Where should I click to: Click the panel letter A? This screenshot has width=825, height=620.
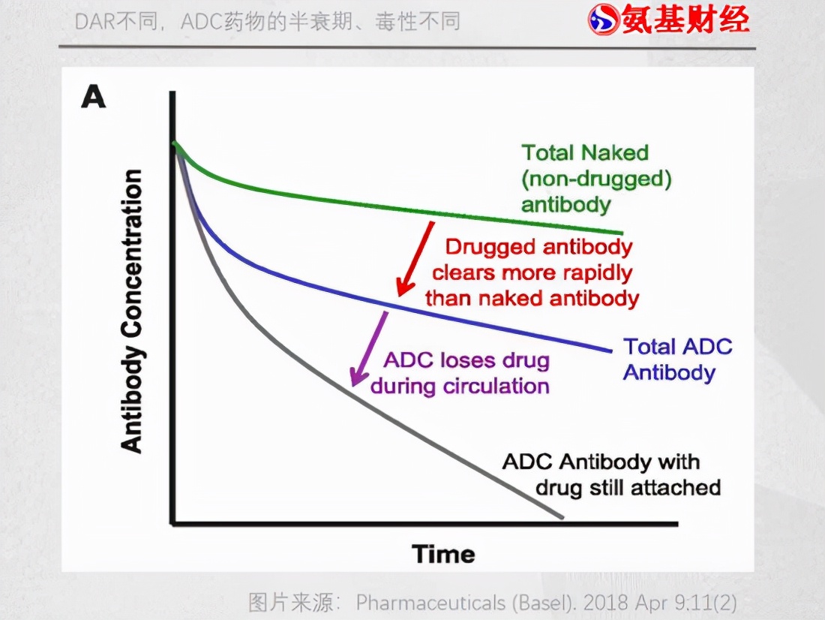(x=93, y=98)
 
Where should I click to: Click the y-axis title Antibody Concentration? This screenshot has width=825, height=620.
(x=132, y=312)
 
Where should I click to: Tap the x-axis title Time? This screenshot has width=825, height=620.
(x=443, y=555)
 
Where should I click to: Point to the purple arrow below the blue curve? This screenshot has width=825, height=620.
(x=369, y=348)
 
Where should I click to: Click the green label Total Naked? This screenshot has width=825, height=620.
(x=584, y=152)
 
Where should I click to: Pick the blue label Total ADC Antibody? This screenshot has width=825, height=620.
(x=677, y=360)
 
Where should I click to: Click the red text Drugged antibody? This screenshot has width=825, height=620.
(x=538, y=247)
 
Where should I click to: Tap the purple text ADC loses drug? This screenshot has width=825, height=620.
(x=466, y=360)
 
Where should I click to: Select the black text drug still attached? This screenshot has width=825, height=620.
(x=628, y=487)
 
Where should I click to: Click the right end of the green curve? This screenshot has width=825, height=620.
(x=621, y=233)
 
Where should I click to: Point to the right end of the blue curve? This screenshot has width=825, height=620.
(x=610, y=351)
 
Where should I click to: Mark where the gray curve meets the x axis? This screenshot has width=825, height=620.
(x=560, y=517)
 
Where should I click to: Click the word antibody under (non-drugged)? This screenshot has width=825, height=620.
(x=566, y=204)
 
